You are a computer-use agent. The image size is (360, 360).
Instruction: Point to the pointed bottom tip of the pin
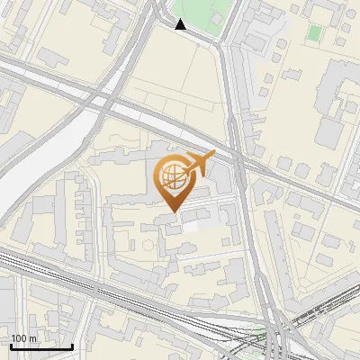click(x=172, y=211)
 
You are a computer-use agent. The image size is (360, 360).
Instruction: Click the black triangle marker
click(x=181, y=24)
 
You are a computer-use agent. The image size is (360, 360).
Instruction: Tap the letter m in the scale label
click(x=32, y=338)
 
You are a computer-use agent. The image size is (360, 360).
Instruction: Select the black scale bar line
click(x=41, y=346)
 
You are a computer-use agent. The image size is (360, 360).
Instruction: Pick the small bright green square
click(x=313, y=33)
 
